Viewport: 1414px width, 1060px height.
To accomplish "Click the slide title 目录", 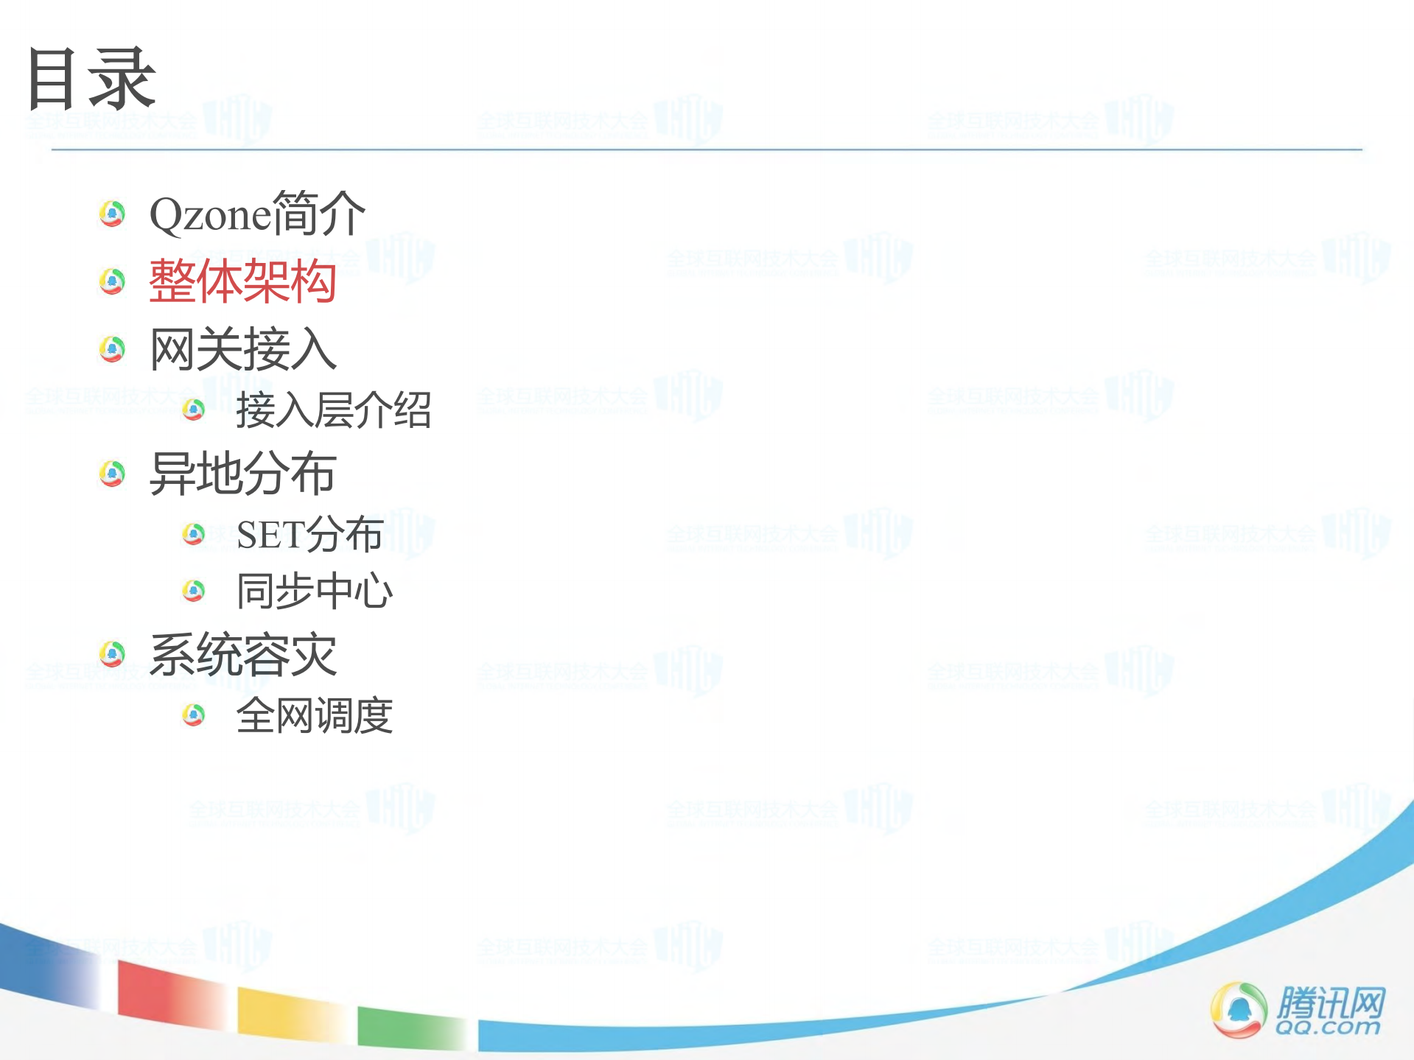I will pyautogui.click(x=91, y=79).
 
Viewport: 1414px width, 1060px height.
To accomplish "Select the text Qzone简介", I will pyautogui.click(x=256, y=214).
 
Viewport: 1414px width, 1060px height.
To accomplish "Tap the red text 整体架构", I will pyautogui.click(x=242, y=281).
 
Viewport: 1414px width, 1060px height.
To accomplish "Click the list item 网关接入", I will pyautogui.click(x=242, y=349).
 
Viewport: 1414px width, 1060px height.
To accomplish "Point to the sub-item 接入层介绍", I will pyautogui.click(x=333, y=410).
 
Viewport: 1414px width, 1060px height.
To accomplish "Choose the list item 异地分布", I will pyautogui.click(x=242, y=473).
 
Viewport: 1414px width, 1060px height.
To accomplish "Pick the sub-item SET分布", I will pyautogui.click(x=309, y=534).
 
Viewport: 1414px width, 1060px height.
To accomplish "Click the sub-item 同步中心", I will pyautogui.click(x=315, y=591).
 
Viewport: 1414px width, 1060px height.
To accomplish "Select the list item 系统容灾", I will pyautogui.click(x=242, y=654).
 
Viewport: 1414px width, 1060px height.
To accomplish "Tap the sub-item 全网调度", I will pyautogui.click(x=315, y=715).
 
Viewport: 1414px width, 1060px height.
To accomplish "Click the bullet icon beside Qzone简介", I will pyautogui.click(x=112, y=214).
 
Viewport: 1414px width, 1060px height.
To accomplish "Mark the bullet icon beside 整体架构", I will pyautogui.click(x=112, y=281).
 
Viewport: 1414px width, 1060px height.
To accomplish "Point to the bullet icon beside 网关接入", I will pyautogui.click(x=112, y=349).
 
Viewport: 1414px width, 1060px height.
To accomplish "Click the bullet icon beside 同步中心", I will pyautogui.click(x=194, y=590).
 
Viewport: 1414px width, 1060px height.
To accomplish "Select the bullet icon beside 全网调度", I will pyautogui.click(x=194, y=715).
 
